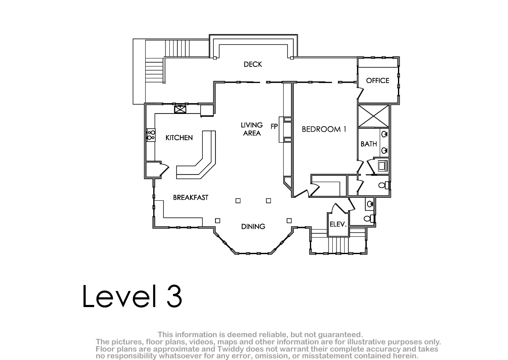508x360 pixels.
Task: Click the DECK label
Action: click(x=253, y=64)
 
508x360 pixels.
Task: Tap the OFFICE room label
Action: click(x=378, y=80)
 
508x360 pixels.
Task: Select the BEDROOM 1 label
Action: click(x=324, y=129)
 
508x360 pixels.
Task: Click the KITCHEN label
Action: click(x=179, y=138)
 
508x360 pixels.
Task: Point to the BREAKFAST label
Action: click(x=190, y=198)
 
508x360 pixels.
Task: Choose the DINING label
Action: click(x=253, y=227)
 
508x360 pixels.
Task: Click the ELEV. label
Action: click(x=338, y=224)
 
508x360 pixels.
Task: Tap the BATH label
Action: click(x=369, y=144)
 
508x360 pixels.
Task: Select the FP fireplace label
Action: click(x=274, y=127)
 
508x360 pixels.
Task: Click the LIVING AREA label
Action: click(x=252, y=129)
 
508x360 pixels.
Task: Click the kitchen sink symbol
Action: click(x=180, y=109)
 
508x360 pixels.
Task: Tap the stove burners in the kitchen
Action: click(x=151, y=135)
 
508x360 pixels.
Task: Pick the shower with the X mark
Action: click(x=373, y=116)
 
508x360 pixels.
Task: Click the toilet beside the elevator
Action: click(x=369, y=219)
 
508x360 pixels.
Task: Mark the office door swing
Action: click(x=360, y=93)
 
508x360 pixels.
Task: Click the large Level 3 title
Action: click(x=132, y=296)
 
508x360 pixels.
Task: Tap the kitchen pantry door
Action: click(x=164, y=169)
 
